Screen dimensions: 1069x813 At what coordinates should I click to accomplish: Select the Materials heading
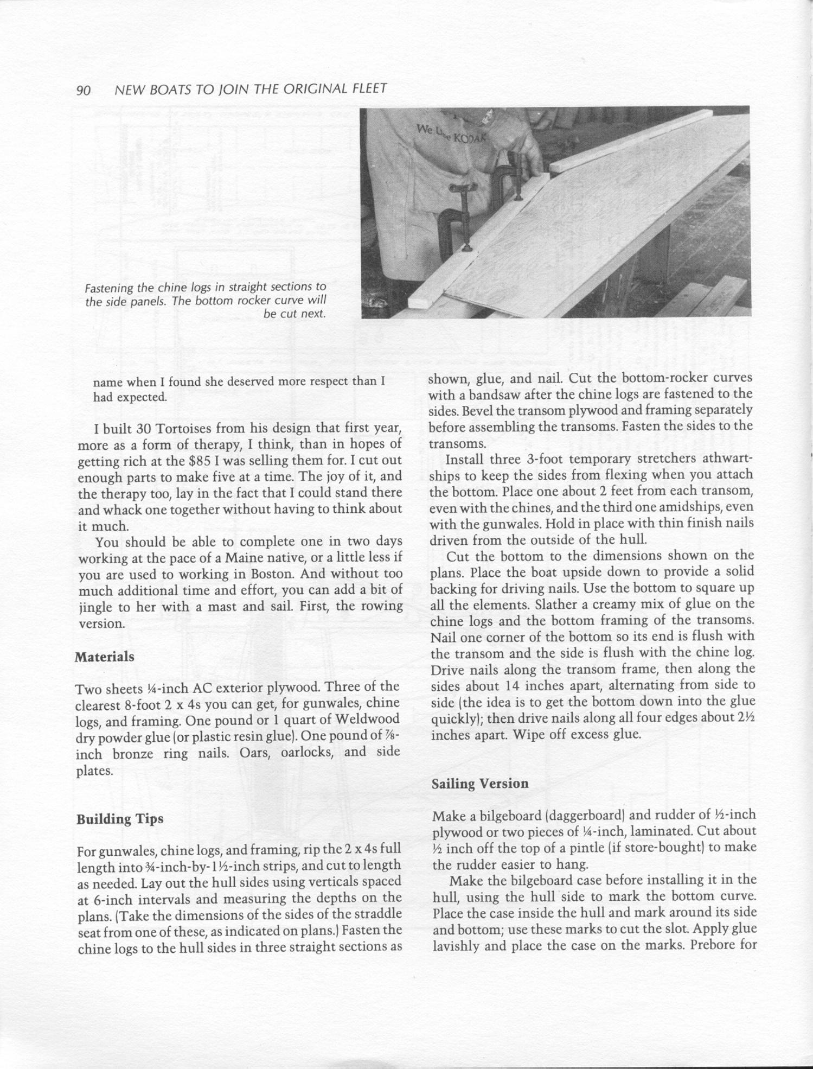(x=104, y=657)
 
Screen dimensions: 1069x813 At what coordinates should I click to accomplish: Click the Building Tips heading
(x=120, y=819)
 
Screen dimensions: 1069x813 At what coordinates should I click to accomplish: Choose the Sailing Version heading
(x=480, y=783)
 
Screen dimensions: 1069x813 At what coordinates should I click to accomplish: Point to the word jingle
(x=97, y=607)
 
